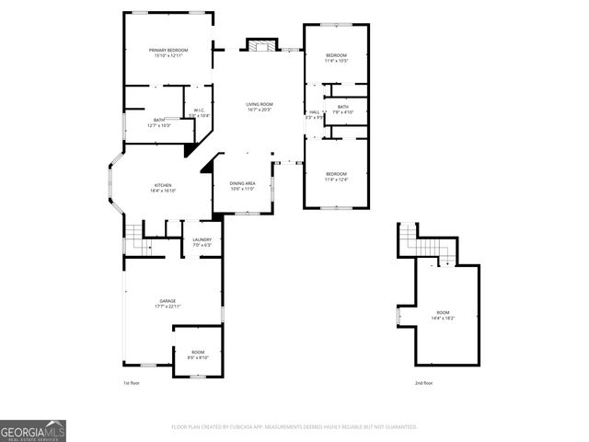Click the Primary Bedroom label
[168, 52]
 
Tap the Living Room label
[259, 107]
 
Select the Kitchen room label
[162, 188]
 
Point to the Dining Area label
[243, 186]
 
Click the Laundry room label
[202, 242]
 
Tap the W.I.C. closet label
[201, 112]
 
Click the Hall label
[314, 114]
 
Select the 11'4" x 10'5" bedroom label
[336, 59]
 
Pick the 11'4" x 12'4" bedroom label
[336, 176]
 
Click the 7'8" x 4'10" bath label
[342, 110]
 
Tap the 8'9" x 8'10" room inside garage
[199, 355]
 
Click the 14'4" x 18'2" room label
[443, 316]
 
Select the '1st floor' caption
[132, 382]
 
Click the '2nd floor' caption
[422, 382]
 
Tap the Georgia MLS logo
[33, 431]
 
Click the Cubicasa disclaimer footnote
[294, 427]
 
